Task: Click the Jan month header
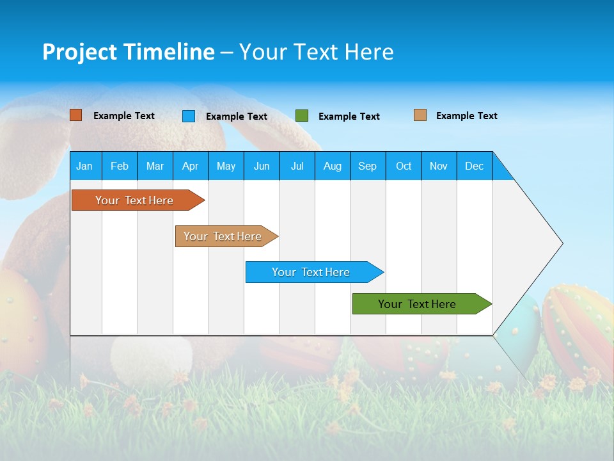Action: (x=84, y=166)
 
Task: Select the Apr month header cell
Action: (x=190, y=166)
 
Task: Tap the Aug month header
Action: (x=332, y=166)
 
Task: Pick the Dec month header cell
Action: (x=474, y=166)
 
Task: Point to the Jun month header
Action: (x=261, y=166)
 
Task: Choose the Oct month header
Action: (x=404, y=166)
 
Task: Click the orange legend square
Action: (x=76, y=115)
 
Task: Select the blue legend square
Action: (x=189, y=116)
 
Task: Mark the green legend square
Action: (x=302, y=116)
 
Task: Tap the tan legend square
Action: (x=420, y=115)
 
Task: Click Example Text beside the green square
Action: (x=349, y=117)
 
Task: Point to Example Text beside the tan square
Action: (x=467, y=116)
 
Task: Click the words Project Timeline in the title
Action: (x=129, y=52)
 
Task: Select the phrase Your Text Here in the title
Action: (x=317, y=52)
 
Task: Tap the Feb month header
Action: (x=120, y=166)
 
